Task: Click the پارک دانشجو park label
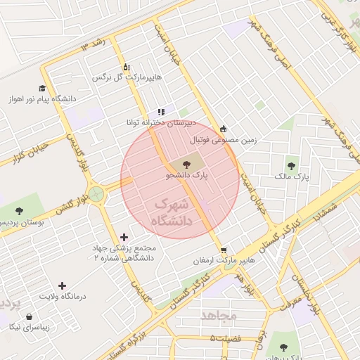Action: pyautogui.click(x=188, y=176)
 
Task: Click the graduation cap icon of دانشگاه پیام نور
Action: pyautogui.click(x=42, y=88)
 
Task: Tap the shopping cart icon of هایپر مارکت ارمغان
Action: pyautogui.click(x=224, y=250)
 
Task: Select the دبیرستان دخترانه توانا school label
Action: pyautogui.click(x=159, y=122)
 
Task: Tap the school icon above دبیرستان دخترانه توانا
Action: pyautogui.click(x=161, y=111)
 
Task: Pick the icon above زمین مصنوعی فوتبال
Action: pyautogui.click(x=224, y=129)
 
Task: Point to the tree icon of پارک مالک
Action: pyautogui.click(x=291, y=166)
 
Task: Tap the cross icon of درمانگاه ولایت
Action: pyautogui.click(x=63, y=286)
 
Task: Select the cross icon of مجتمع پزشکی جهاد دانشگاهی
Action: pyautogui.click(x=124, y=238)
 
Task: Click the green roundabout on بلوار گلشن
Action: pyautogui.click(x=96, y=193)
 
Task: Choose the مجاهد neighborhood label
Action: pyautogui.click(x=220, y=315)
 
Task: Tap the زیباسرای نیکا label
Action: pyautogui.click(x=25, y=328)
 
